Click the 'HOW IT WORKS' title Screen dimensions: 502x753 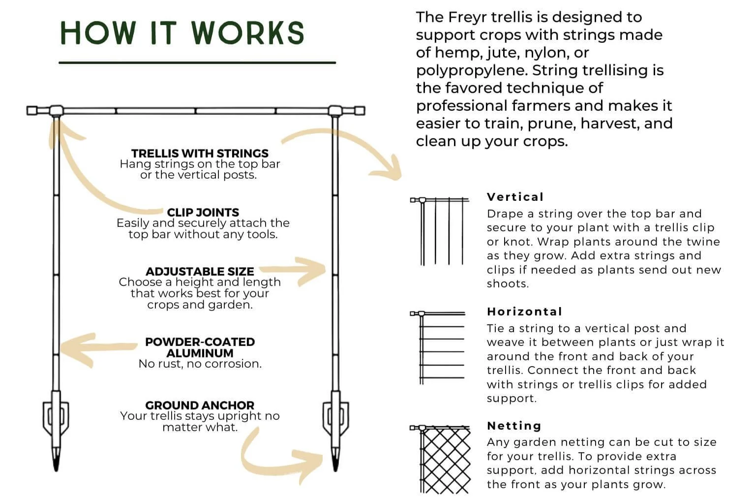coord(182,33)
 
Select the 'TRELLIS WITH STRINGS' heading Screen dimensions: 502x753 coord(200,153)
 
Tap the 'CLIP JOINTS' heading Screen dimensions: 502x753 coord(203,212)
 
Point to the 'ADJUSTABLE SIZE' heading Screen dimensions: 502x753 coord(200,271)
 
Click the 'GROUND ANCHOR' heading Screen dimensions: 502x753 coord(200,405)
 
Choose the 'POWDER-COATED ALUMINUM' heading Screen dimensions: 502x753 coord(200,347)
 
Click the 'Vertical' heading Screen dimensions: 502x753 coord(515,197)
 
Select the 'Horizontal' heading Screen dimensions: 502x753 coord(524,312)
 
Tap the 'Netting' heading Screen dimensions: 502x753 coord(514,426)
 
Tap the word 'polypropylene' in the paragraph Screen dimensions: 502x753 coord(471,70)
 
